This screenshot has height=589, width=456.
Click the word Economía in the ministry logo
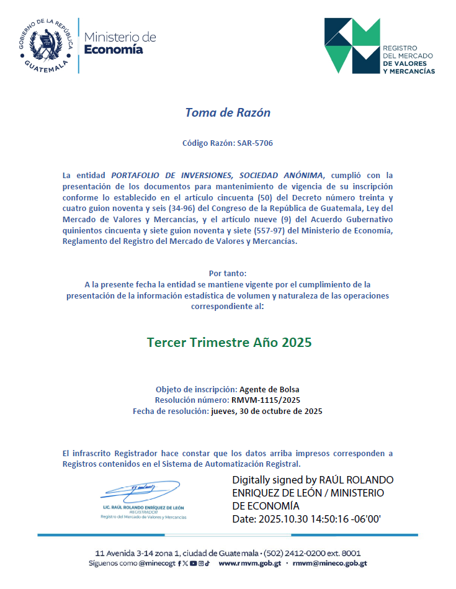click(114, 50)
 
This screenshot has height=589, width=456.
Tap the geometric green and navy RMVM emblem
click(352, 45)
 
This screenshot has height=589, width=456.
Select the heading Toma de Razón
click(228, 112)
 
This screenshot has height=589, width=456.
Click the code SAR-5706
click(254, 143)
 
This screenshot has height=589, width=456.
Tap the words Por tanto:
click(228, 273)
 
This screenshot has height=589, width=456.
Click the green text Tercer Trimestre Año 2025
click(229, 342)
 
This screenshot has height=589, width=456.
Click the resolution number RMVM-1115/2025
click(270, 400)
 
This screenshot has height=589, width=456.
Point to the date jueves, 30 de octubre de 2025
click(267, 411)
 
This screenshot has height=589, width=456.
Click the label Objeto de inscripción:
click(196, 389)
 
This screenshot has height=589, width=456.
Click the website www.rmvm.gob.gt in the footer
click(250, 564)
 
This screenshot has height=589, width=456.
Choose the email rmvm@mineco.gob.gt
click(329, 564)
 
